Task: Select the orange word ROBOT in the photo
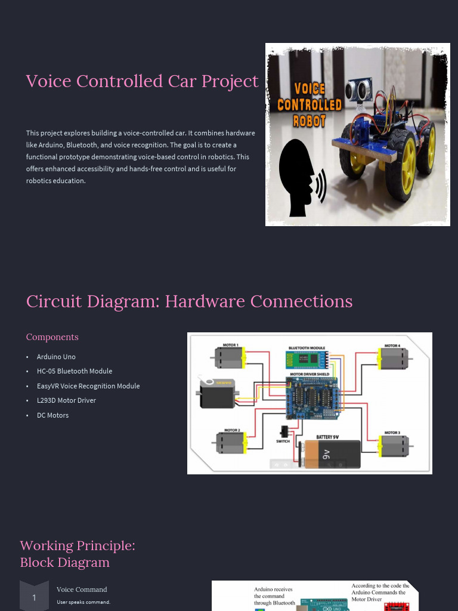point(309,121)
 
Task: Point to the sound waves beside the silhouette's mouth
point(321,186)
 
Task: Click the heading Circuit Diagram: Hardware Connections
point(189,301)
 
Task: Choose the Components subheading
point(52,337)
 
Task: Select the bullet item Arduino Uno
point(56,357)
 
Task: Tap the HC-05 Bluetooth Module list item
point(75,371)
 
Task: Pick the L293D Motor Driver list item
point(66,400)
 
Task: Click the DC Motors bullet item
point(52,415)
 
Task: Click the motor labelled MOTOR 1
point(229,358)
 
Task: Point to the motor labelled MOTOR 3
point(393,445)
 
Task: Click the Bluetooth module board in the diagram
point(307,360)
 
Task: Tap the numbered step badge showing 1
point(34,597)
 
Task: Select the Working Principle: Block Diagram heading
point(78,554)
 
